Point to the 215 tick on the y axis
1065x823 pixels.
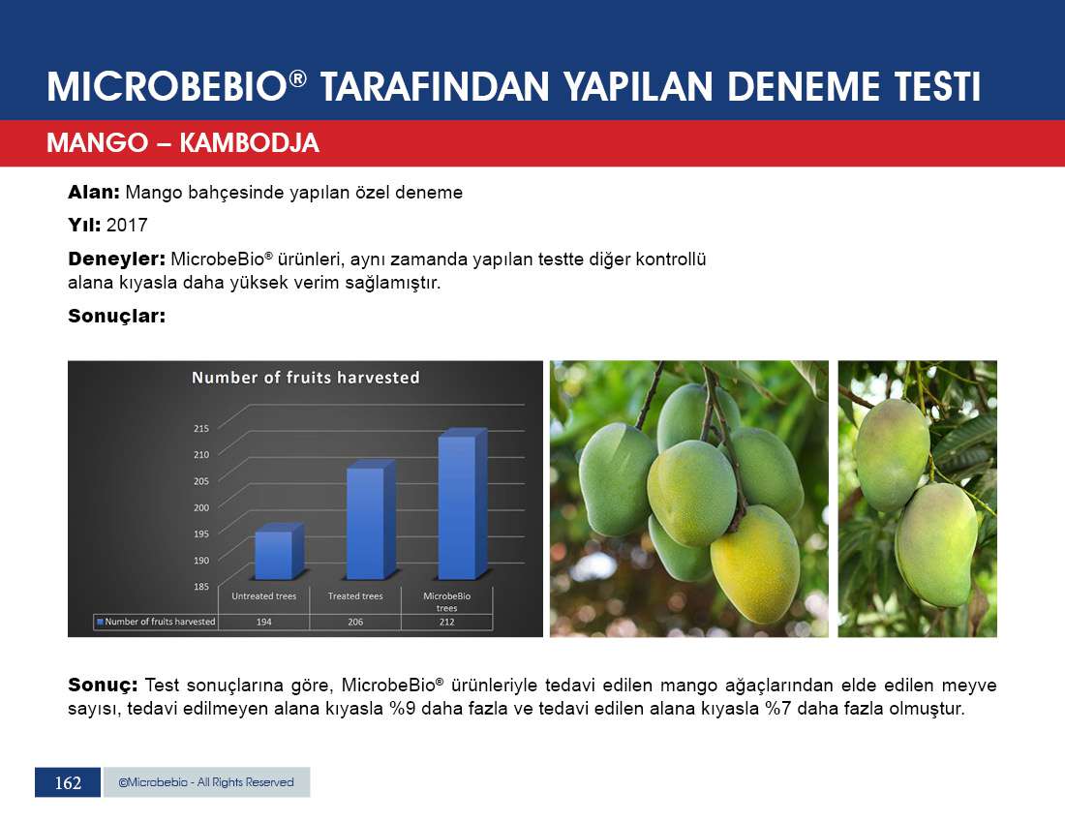pos(201,429)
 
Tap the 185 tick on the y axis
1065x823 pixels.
pos(201,587)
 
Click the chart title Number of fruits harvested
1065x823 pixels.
pos(306,378)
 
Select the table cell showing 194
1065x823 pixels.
pos(263,622)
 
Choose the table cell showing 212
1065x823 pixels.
pos(446,622)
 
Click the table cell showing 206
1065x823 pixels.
pos(355,622)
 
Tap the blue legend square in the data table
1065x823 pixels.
pos(100,622)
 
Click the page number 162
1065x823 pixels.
pos(68,783)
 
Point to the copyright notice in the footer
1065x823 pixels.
pos(206,782)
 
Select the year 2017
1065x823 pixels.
pos(127,225)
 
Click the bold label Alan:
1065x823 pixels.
pos(94,192)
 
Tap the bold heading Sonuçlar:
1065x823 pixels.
pos(117,317)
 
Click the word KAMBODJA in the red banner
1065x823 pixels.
pos(249,143)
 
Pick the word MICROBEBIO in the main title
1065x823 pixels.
pos(167,87)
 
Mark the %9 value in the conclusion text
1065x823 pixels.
pos(402,709)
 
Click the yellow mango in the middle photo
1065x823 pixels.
pos(755,564)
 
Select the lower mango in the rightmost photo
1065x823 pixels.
pos(937,545)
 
